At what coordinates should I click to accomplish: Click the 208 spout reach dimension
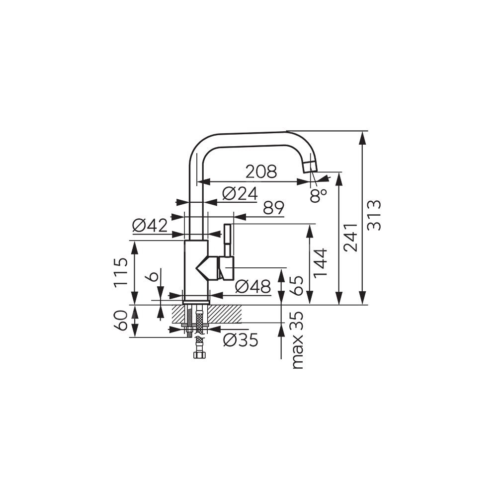pos(261,171)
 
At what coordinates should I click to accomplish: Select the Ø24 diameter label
pos(240,193)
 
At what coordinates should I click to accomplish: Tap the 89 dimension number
pos(273,208)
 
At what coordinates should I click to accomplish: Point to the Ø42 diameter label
pos(150,226)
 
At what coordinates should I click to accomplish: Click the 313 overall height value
pos(375,215)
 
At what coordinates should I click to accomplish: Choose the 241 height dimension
pos(351,238)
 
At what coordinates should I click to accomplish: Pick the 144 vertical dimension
pos(320,263)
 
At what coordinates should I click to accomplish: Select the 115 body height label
pos(121,272)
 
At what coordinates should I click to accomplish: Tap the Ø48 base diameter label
pos(253,287)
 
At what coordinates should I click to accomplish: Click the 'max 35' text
pos(297,340)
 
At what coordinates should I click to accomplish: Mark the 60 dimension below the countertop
pos(121,321)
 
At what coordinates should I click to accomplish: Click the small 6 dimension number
pos(153,276)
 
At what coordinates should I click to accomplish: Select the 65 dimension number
pos(297,285)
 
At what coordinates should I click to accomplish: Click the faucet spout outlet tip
pos(310,167)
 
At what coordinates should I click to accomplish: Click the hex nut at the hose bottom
pos(199,354)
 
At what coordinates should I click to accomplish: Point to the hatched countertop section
pos(206,314)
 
